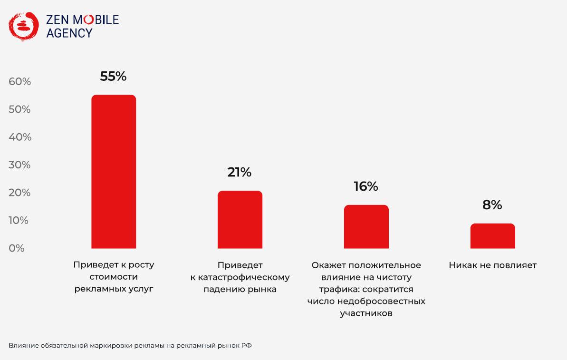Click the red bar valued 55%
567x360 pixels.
(x=114, y=171)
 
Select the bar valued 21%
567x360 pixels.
(x=240, y=219)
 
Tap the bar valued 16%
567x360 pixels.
(x=366, y=226)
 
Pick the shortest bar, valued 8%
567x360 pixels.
(x=492, y=236)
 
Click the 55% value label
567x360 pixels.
(x=113, y=76)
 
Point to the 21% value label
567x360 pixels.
(x=240, y=172)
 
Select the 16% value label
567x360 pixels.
(x=366, y=186)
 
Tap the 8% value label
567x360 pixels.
(x=492, y=205)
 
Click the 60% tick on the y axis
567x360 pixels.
(x=20, y=82)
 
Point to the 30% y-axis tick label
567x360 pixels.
(x=20, y=165)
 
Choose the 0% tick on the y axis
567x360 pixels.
(x=17, y=248)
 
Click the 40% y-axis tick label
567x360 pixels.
(x=20, y=137)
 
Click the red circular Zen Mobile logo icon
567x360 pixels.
(x=23, y=26)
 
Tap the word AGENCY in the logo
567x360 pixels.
(x=69, y=33)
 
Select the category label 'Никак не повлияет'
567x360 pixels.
(x=492, y=265)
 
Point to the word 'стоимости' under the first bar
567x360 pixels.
(x=114, y=277)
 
